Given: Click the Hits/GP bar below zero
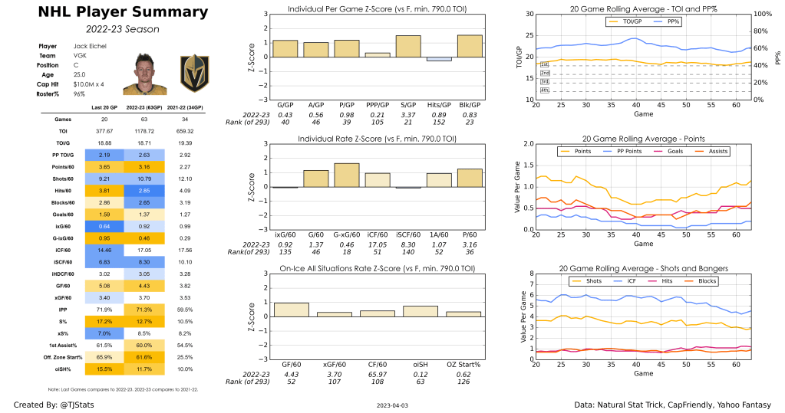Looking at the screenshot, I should pos(439,59).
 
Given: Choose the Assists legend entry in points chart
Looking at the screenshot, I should pos(711,151).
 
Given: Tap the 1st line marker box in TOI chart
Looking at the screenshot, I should pos(544,65).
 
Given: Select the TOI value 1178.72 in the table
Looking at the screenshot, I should pos(148,131).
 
